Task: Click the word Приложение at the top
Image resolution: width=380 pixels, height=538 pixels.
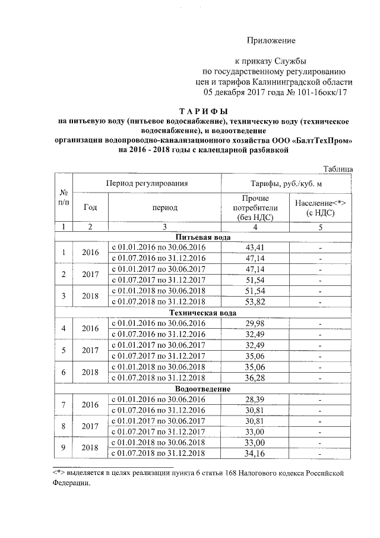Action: tap(271, 40)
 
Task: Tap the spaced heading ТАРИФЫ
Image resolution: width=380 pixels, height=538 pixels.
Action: tap(203, 112)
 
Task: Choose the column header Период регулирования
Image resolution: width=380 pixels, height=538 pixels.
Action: tap(147, 183)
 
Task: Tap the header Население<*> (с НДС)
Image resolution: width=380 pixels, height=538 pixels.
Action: tap(320, 207)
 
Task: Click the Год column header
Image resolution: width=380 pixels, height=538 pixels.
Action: tap(91, 207)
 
